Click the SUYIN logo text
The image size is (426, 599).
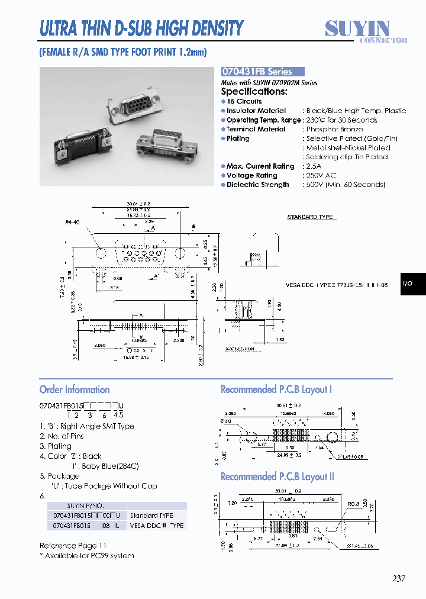click(357, 28)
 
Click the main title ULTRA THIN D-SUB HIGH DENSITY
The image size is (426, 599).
click(141, 28)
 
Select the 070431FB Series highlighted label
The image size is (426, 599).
click(262, 71)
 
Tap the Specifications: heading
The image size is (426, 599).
click(254, 92)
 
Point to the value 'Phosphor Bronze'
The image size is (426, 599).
click(334, 129)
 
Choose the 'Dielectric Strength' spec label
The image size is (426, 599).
click(257, 185)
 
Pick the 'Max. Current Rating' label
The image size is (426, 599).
click(260, 166)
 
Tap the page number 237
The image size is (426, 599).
click(398, 579)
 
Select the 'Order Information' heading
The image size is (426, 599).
click(75, 389)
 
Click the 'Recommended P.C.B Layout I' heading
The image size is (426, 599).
click(276, 389)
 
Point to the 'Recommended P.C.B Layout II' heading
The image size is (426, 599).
click(277, 476)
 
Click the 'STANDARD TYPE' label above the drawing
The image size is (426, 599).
click(310, 217)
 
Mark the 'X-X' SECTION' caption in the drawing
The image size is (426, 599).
click(240, 349)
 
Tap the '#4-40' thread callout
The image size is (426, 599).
click(72, 222)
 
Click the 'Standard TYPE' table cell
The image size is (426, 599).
click(151, 516)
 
